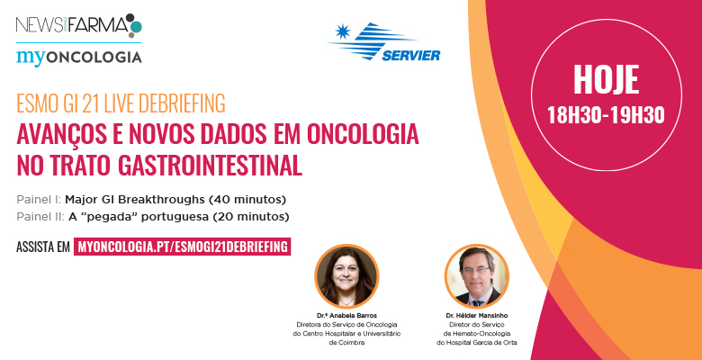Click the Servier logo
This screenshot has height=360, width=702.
tap(384, 41)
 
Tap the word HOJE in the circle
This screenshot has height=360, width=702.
tap(607, 80)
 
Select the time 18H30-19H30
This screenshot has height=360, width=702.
tap(606, 115)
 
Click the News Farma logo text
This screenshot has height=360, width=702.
tap(72, 25)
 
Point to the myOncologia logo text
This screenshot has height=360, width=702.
tap(79, 58)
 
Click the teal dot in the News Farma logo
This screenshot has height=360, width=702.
tap(136, 26)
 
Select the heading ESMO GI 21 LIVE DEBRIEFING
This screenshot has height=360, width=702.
tap(121, 103)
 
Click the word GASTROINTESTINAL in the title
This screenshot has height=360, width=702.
tap(210, 166)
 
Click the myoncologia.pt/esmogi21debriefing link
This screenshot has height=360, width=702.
tap(182, 247)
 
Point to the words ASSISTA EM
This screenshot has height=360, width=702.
tap(43, 247)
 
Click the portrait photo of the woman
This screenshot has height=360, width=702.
tap(346, 276)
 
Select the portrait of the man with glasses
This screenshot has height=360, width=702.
tap(476, 276)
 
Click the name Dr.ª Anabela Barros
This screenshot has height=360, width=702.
tap(346, 316)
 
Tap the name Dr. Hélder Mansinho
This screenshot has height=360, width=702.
tap(477, 316)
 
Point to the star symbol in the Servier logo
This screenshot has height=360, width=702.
tap(343, 31)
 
